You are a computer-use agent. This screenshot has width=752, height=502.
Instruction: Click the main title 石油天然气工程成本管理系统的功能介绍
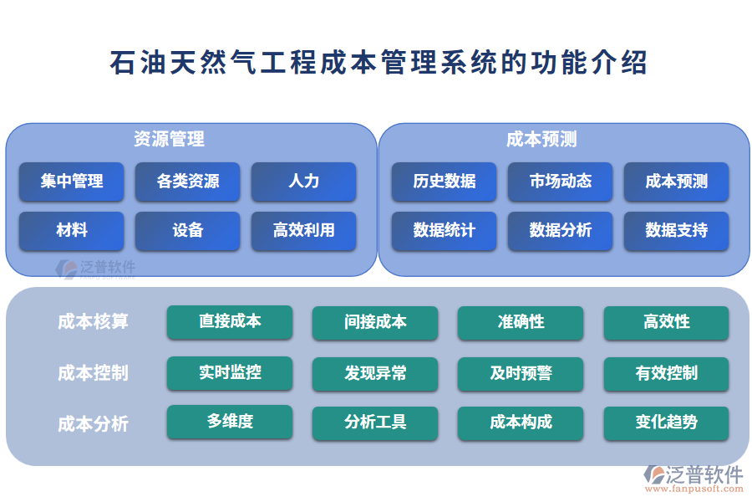[x=378, y=63]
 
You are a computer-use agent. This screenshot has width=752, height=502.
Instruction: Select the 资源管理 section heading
[x=169, y=139]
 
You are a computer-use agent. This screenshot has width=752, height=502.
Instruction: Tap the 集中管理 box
[x=72, y=182]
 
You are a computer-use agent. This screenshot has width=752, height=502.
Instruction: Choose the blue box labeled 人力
[x=303, y=182]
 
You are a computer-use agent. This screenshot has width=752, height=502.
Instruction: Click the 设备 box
[x=188, y=231]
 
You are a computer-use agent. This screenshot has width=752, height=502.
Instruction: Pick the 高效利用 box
[x=303, y=231]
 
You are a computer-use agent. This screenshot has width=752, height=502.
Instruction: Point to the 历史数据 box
[x=444, y=182]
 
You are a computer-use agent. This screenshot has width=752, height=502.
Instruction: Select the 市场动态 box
[x=560, y=182]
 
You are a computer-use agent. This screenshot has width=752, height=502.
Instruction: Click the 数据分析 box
[x=560, y=231]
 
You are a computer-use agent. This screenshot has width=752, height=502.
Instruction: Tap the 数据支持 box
[x=676, y=231]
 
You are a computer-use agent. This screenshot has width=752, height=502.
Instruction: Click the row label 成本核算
[x=93, y=322]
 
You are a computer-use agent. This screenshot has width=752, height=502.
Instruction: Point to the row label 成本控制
[x=93, y=373]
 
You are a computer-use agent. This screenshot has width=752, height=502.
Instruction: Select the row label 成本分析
[x=93, y=423]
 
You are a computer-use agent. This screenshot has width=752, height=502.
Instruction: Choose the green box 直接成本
[x=230, y=322]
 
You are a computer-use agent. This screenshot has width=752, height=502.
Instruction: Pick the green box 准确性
[x=521, y=322]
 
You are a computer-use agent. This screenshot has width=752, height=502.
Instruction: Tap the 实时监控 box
[x=230, y=373]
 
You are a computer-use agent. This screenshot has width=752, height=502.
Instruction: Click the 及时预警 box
[x=521, y=373]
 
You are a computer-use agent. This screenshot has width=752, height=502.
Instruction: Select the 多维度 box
[x=230, y=423]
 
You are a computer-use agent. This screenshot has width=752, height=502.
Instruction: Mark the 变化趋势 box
[x=666, y=423]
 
